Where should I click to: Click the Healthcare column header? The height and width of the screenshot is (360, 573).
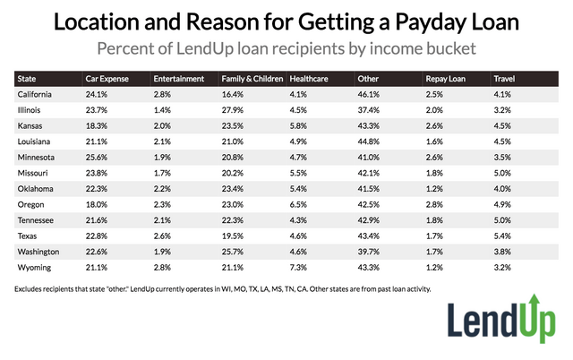310,79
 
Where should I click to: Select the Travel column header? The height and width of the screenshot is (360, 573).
504,79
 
